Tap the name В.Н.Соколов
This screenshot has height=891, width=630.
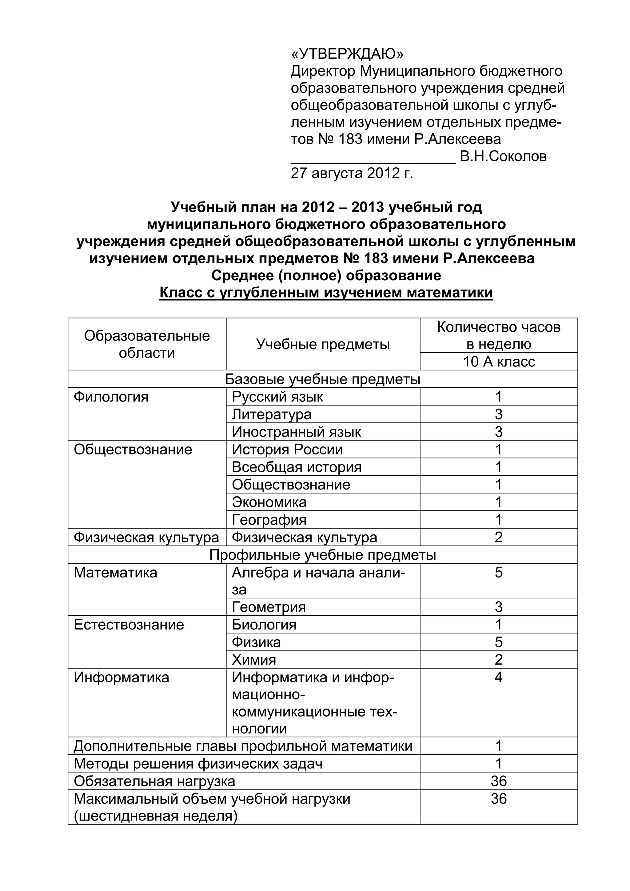point(503,156)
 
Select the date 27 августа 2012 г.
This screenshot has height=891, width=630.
point(352,173)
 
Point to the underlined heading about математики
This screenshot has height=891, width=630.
point(326,293)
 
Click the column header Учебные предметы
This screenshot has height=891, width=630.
point(323,344)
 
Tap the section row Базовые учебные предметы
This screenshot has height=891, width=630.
point(322,379)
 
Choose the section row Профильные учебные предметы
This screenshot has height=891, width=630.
point(322,555)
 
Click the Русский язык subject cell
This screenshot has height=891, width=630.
point(277,397)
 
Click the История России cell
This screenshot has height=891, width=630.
point(287,449)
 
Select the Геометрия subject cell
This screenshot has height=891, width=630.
point(269,607)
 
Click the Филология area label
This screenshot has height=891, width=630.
point(111,397)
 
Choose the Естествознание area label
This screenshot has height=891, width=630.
point(129,625)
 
